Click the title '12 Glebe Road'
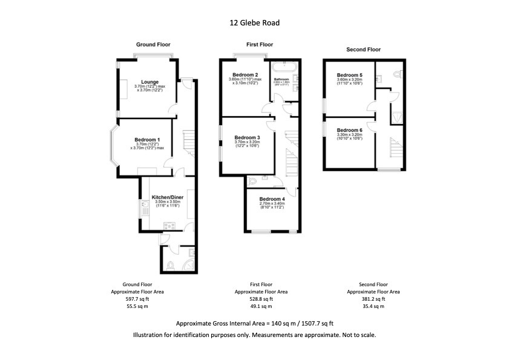pyautogui.click(x=254, y=23)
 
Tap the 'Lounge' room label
pyautogui.click(x=150, y=82)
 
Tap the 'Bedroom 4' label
pyautogui.click(x=272, y=199)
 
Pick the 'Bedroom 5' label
pyautogui.click(x=350, y=74)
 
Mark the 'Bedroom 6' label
pyautogui.click(x=349, y=130)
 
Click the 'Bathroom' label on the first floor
pyautogui.click(x=281, y=79)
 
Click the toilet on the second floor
pyautogui.click(x=398, y=74)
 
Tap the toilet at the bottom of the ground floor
pyautogui.click(x=170, y=264)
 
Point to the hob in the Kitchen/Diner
pyautogui.click(x=169, y=226)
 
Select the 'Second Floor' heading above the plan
pyautogui.click(x=363, y=50)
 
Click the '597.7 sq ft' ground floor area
pyautogui.click(x=136, y=298)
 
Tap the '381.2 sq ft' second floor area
pyautogui.click(x=373, y=298)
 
